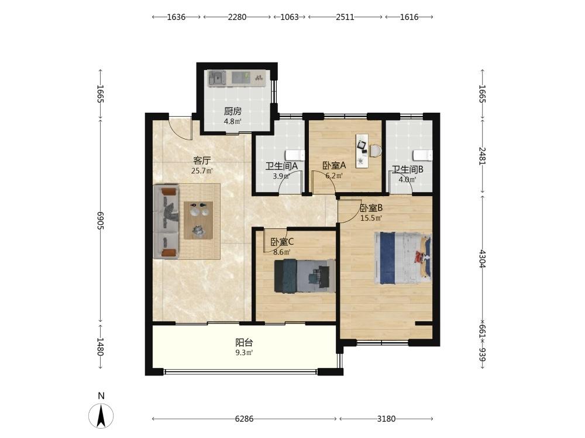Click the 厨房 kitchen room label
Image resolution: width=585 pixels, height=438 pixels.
click(x=233, y=111)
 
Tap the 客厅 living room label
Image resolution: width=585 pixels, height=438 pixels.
click(x=202, y=161)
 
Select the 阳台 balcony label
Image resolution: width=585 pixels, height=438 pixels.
click(x=245, y=342)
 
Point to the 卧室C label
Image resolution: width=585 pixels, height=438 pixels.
click(x=282, y=242)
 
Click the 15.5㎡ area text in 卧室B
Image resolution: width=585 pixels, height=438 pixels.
click(x=371, y=218)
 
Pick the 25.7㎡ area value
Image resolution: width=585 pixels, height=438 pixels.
click(x=202, y=171)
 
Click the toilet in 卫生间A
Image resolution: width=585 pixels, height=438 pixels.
click(x=295, y=155)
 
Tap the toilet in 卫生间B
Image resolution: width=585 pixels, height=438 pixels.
click(x=423, y=155)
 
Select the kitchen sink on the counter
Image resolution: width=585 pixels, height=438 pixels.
click(x=217, y=78)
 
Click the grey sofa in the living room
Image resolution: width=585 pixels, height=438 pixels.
click(x=167, y=221)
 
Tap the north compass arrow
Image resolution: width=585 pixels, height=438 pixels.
click(x=101, y=416)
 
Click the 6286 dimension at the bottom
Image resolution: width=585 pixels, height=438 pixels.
click(x=245, y=419)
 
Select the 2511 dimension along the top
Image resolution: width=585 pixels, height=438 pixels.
click(x=345, y=17)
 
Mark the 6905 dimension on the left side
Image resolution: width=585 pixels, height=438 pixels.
click(x=100, y=221)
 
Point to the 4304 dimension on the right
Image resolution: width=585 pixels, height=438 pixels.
click(x=483, y=259)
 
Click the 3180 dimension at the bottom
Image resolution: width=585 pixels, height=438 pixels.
click(x=386, y=419)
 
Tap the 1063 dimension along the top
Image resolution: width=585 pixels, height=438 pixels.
click(x=290, y=17)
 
